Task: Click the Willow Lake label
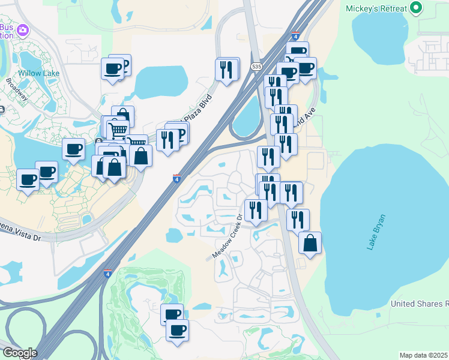click(x=38, y=73)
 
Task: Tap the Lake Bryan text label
click(x=377, y=232)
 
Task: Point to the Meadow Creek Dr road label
click(x=228, y=237)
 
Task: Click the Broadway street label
click(x=17, y=89)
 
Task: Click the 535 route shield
click(x=257, y=66)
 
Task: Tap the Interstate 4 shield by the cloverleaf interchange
click(x=107, y=274)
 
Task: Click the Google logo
click(x=19, y=353)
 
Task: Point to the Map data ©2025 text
click(x=423, y=355)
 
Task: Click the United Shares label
click(x=419, y=304)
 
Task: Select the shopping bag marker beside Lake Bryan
click(x=310, y=243)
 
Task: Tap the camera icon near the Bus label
click(x=23, y=29)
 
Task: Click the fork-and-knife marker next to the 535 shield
click(x=228, y=70)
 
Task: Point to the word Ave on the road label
click(x=309, y=113)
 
